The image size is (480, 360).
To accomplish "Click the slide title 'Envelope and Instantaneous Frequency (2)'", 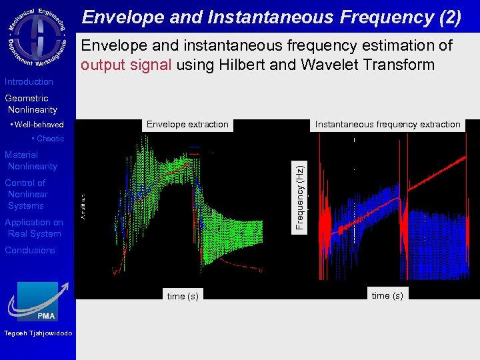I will (x=271, y=17).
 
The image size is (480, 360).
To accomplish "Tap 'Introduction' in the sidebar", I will (x=29, y=82).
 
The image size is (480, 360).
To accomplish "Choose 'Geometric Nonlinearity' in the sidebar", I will (x=31, y=104).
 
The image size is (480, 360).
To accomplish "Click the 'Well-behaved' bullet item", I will (x=39, y=125).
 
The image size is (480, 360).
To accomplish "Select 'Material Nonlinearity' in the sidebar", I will (x=31, y=161).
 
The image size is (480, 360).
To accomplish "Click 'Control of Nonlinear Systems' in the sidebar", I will (x=27, y=194).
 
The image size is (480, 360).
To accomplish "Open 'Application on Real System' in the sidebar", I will (x=34, y=228).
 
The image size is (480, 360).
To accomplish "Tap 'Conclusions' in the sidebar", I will (x=30, y=251).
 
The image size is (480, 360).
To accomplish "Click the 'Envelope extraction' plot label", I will (x=187, y=125).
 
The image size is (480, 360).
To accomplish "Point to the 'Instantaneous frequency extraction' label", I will (x=387, y=125).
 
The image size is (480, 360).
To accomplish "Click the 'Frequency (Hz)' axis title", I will (x=301, y=198).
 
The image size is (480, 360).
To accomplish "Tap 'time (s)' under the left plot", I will (x=183, y=296).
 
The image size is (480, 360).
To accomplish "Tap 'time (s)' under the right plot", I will (x=387, y=295).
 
